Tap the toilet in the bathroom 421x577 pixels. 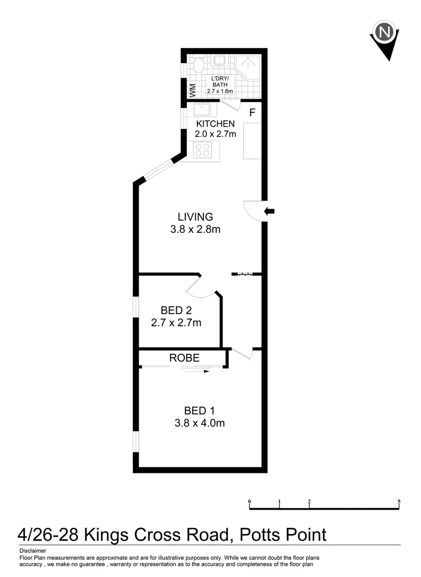tap(198, 65)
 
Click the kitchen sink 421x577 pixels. tap(202, 111)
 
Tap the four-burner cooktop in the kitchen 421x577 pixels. tap(202, 150)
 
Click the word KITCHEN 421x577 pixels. tap(215, 124)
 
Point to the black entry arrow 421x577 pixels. tap(269, 212)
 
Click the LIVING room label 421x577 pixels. tap(195, 217)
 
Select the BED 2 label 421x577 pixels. tap(176, 310)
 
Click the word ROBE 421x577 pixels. tap(184, 358)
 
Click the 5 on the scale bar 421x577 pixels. tap(399, 502)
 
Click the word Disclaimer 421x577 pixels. tap(33, 550)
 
